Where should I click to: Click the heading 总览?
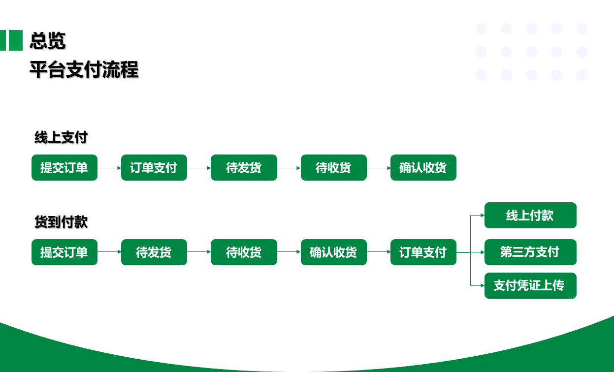tap(48, 40)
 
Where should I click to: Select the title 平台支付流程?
tap(84, 69)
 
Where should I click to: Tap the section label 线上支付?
tap(61, 137)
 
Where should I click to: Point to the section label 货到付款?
tap(61, 221)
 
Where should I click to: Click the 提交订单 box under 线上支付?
tap(65, 168)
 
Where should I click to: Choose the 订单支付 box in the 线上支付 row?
tap(154, 168)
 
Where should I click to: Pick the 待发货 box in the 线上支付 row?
tap(244, 168)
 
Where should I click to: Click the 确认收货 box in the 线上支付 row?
tap(423, 168)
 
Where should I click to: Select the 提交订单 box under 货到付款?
tap(65, 252)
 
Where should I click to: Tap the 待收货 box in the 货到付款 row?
tap(244, 252)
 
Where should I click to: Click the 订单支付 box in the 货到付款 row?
tap(423, 252)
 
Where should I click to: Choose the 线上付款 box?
tap(530, 216)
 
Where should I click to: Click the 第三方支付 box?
tap(530, 252)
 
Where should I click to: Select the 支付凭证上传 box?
tap(530, 285)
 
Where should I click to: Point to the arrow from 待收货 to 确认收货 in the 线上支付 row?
tap(379, 168)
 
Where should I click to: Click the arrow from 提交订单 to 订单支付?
tap(109, 168)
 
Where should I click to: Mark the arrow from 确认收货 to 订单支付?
tap(379, 252)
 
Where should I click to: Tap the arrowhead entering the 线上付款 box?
tap(483, 216)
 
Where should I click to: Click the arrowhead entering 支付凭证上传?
tap(483, 285)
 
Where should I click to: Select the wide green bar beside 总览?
tap(16, 40)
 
